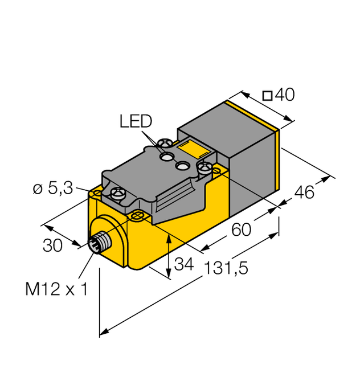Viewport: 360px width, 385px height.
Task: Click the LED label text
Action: [136, 121]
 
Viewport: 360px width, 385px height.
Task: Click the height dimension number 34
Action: [183, 264]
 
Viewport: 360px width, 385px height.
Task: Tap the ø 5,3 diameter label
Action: [52, 189]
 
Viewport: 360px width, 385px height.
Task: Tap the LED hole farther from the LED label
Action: [183, 166]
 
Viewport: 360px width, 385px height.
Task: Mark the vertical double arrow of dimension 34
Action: [170, 257]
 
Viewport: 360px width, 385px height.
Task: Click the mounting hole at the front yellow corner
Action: [137, 215]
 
